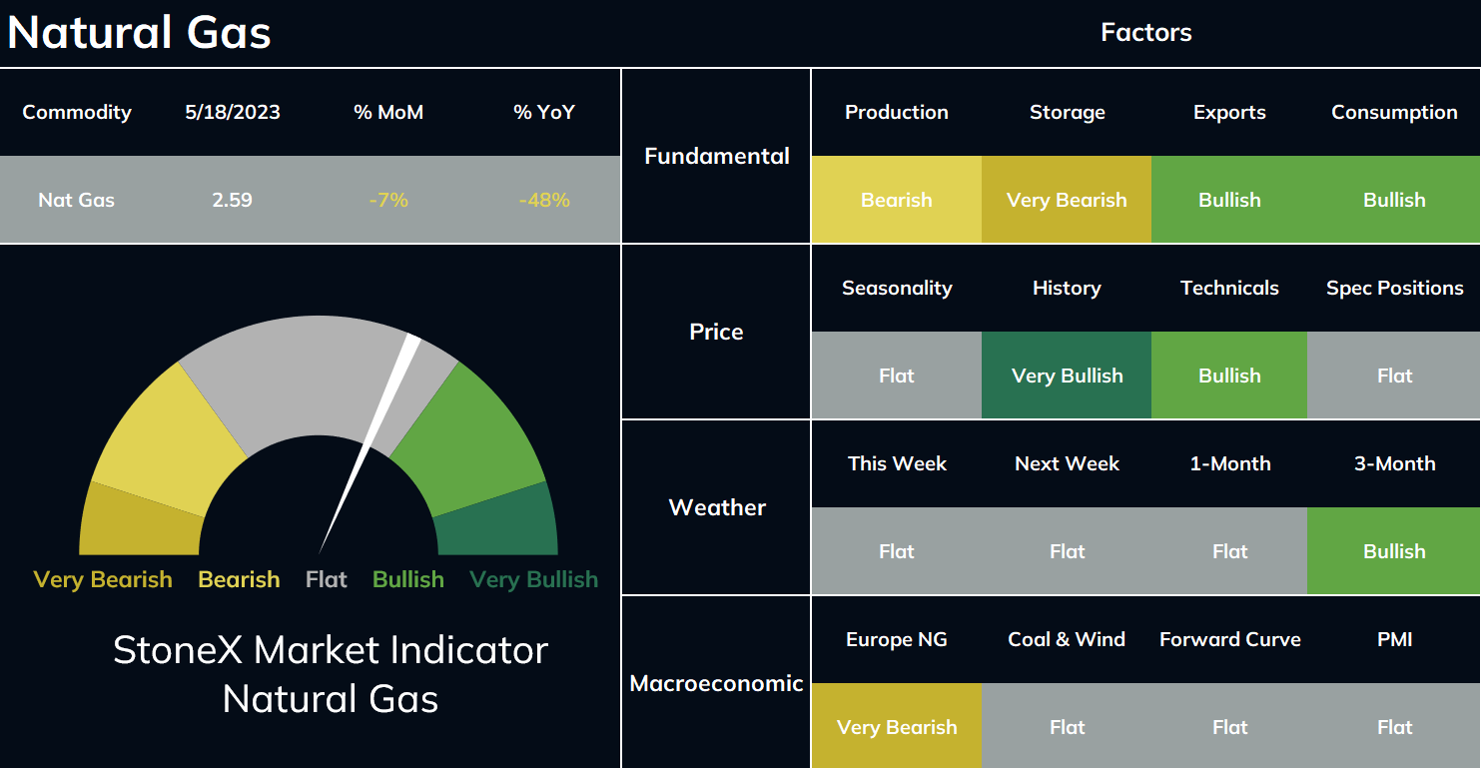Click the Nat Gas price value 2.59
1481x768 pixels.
click(232, 200)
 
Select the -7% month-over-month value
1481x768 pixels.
click(388, 200)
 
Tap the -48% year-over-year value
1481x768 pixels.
click(544, 200)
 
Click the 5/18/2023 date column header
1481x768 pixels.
click(233, 113)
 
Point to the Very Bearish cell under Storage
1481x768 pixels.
click(1067, 200)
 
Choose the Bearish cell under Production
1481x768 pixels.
click(897, 200)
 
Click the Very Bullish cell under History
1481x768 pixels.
click(1067, 376)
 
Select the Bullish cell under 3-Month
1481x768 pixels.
click(1394, 551)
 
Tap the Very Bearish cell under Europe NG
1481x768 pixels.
click(897, 726)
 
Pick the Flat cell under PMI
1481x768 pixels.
click(1394, 727)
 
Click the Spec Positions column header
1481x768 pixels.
click(1394, 289)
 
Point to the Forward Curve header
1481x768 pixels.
click(1229, 639)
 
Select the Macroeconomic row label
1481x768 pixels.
click(716, 683)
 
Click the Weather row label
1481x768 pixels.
click(717, 507)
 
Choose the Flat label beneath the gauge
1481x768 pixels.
click(326, 579)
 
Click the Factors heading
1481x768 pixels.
click(1145, 32)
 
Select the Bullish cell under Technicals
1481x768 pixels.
click(1229, 376)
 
